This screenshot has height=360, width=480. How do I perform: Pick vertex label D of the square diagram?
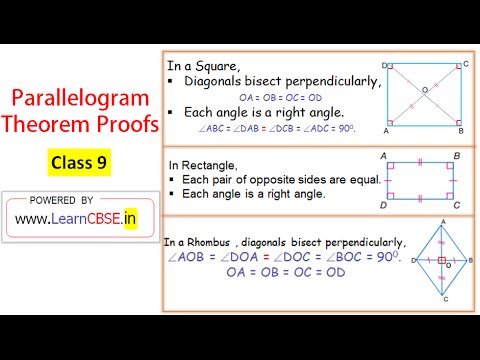[x=385, y=63]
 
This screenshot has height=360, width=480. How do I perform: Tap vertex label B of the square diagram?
[x=460, y=131]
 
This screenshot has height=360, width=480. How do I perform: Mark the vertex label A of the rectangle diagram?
[x=385, y=157]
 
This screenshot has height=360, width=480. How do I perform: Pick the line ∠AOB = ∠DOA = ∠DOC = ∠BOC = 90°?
[x=282, y=257]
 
